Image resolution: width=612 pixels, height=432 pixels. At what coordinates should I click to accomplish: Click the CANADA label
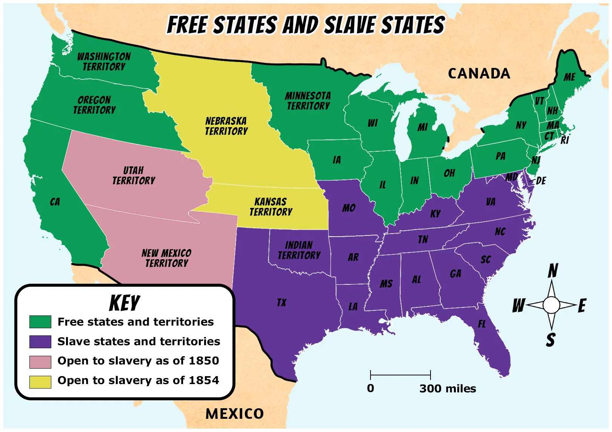point(479,74)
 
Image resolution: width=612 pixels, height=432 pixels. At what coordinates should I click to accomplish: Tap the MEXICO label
point(234,414)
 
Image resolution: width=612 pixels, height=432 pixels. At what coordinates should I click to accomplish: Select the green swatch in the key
point(40,322)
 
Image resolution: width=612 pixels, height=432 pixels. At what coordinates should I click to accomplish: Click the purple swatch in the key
point(40,341)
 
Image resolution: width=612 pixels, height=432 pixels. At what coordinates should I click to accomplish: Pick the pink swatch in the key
point(40,361)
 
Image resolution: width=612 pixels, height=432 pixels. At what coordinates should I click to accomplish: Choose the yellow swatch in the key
point(40,381)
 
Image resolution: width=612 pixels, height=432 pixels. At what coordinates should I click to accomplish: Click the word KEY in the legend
point(125,303)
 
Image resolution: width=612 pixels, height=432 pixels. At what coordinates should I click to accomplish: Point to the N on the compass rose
point(553,271)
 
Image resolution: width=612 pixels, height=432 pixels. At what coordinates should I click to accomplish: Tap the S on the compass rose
point(550,340)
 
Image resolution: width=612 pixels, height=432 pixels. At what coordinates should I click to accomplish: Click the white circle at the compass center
point(551,304)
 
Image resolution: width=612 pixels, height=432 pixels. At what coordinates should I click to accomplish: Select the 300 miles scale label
point(447,389)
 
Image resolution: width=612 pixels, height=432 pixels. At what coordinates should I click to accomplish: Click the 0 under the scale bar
point(371,388)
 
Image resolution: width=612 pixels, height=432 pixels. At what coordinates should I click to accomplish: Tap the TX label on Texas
point(281,303)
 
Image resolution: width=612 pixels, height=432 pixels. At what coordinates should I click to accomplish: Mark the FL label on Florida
point(482,324)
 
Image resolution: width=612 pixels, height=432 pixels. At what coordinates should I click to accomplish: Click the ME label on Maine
point(569,77)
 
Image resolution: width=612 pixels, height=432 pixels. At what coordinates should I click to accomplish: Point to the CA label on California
point(55,202)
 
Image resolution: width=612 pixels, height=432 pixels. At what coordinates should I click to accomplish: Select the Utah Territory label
point(134,175)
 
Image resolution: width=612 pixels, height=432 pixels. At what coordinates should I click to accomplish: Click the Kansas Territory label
point(271,207)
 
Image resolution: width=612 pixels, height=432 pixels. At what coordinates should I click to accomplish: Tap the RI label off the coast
point(564,140)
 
